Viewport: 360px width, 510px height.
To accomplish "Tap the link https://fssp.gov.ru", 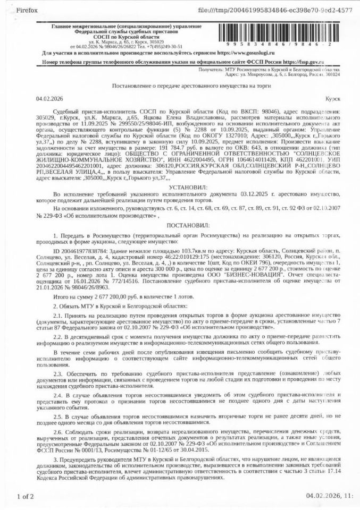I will [x=303, y=62].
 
